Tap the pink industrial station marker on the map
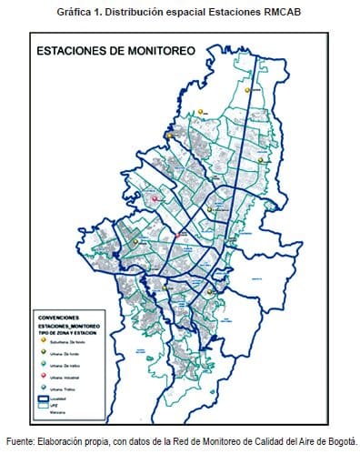155,197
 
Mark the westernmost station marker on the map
133,243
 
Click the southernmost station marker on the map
210,292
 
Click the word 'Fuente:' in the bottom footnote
21,439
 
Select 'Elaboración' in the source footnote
62,439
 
